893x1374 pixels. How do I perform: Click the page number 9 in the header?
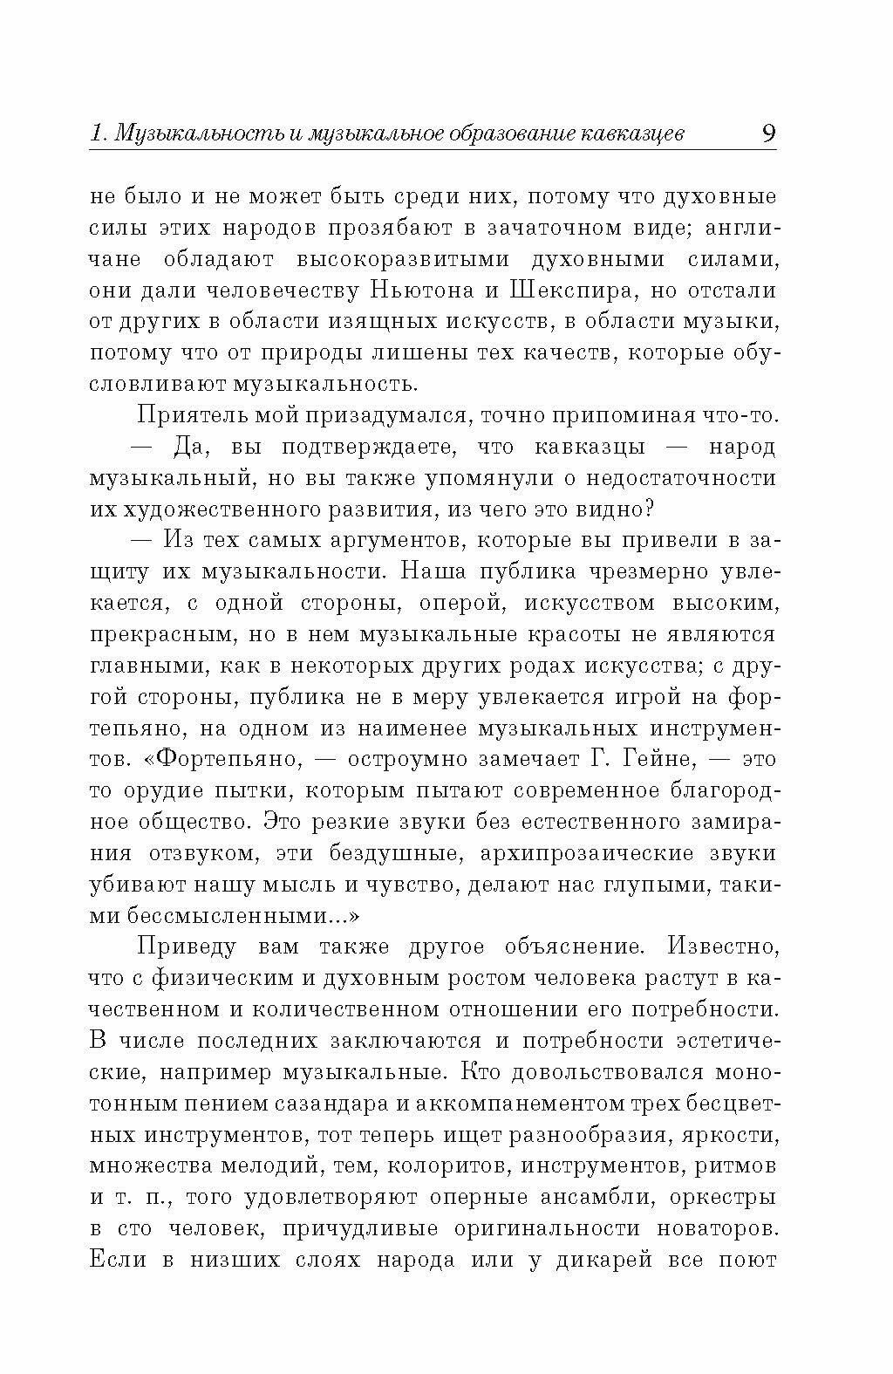click(x=767, y=133)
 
